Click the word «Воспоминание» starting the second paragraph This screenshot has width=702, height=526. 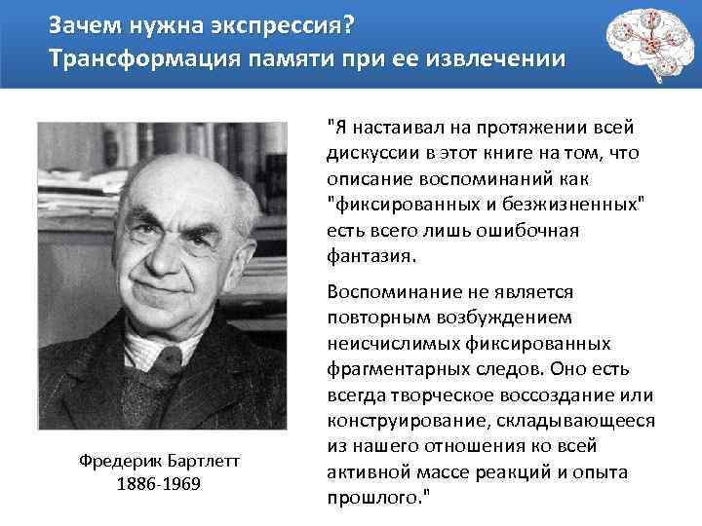(x=388, y=292)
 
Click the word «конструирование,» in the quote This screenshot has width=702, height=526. (x=396, y=420)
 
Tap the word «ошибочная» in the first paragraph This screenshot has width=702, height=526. (x=532, y=231)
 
